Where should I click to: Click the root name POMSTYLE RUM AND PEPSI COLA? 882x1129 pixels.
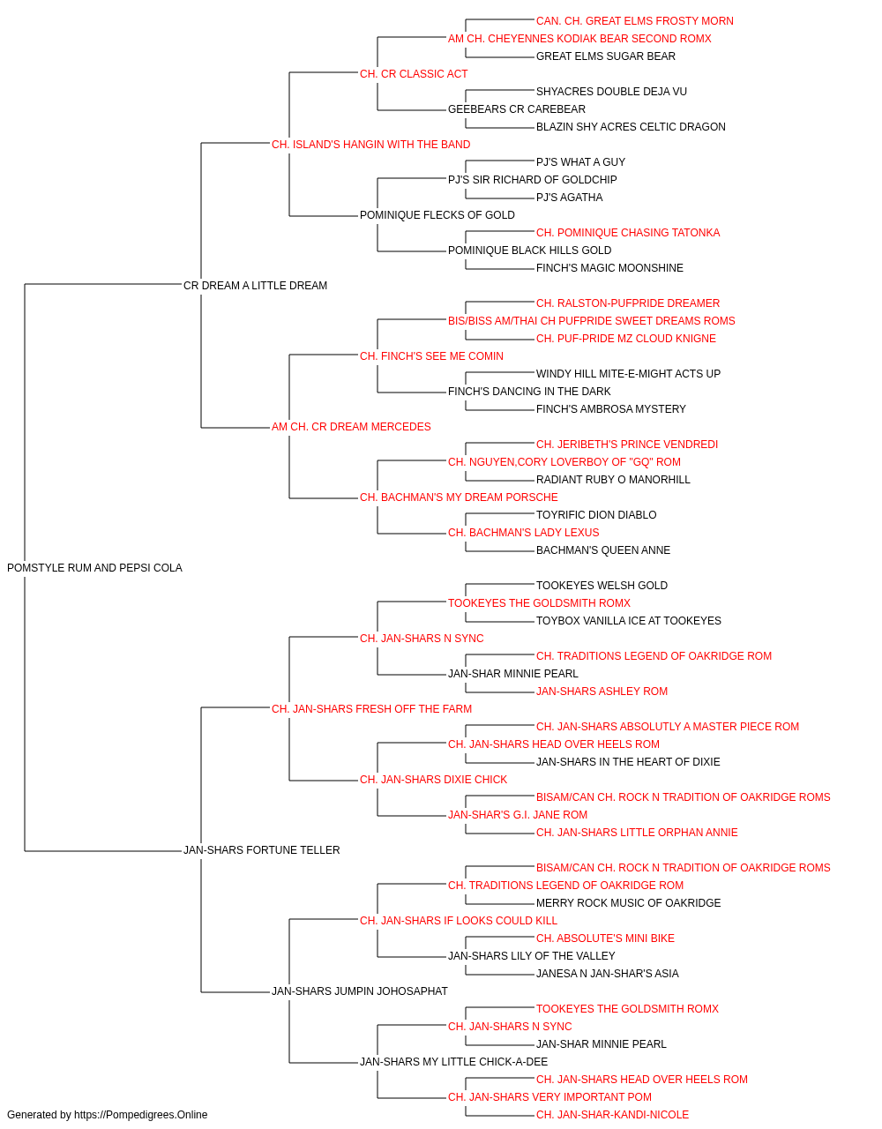94,568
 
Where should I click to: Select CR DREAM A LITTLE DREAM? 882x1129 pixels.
255,285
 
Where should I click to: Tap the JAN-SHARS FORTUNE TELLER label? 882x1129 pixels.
261,850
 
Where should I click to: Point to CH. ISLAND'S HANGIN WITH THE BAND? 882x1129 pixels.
370,145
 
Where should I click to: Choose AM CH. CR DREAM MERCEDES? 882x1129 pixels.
351,427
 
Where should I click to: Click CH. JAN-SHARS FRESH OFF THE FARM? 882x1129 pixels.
371,708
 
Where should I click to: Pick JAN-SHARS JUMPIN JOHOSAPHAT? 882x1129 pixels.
360,991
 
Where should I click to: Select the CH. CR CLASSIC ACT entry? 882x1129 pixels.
414,74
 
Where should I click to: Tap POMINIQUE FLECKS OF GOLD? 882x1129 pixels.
437,215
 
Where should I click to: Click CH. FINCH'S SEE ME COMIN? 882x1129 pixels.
431,355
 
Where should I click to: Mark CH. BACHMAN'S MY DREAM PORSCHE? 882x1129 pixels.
459,497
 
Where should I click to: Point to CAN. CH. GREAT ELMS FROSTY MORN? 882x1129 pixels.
635,21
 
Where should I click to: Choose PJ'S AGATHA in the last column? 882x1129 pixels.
569,198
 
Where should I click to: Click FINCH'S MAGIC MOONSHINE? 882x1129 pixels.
609,267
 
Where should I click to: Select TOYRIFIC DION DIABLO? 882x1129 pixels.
596,515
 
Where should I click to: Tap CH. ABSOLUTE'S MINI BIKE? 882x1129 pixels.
605,938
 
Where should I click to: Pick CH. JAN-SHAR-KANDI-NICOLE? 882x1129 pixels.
612,1115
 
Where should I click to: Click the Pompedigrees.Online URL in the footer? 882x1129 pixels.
141,1115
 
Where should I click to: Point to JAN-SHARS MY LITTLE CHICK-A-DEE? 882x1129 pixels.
454,1061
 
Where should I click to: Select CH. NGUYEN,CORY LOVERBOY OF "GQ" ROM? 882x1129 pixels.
564,462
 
